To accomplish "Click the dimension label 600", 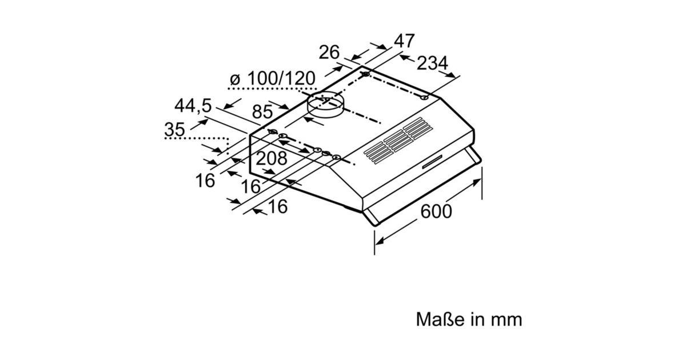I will pos(436,211).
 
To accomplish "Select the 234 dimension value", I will pos(432,63).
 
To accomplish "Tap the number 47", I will pos(404,42).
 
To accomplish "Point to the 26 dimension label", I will pos(329,53).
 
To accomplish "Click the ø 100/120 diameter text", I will pos(273,78).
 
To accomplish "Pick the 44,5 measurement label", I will pos(193,106).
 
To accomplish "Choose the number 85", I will pos(263,113).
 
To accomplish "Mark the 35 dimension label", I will pos(174,130).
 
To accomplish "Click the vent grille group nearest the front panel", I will pos(378,153).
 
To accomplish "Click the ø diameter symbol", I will pos(234,79).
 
